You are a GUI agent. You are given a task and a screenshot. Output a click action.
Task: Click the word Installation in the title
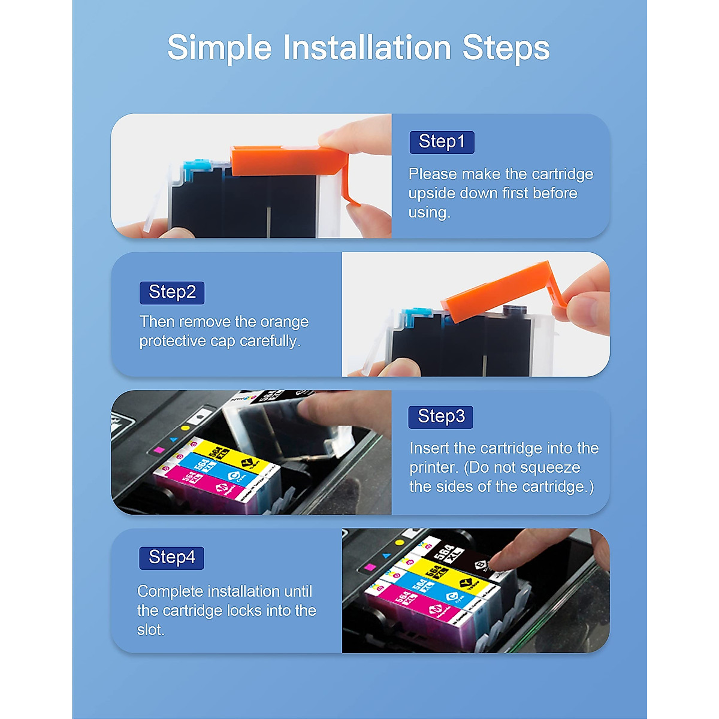tap(367, 48)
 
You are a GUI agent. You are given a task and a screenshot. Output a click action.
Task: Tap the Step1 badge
tap(442, 142)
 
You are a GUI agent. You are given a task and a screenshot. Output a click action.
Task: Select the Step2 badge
tap(172, 292)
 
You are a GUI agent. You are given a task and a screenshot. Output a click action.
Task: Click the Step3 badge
tap(441, 416)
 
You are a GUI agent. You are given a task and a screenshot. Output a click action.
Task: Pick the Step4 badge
tap(172, 557)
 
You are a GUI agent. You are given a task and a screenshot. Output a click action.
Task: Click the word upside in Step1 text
tap(431, 193)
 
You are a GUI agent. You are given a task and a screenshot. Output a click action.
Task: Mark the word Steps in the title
tap(506, 48)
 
